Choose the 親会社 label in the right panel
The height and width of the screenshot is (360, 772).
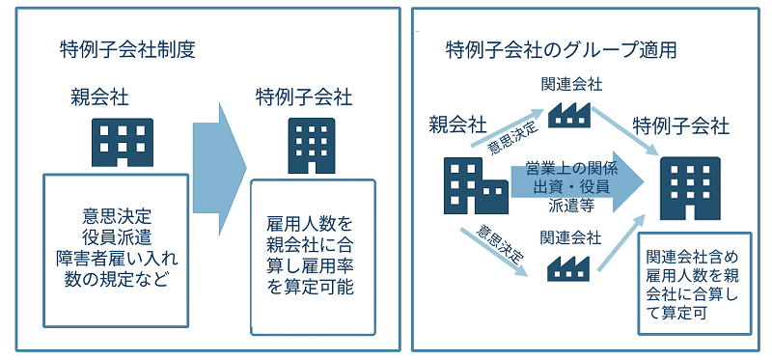[457, 124]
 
